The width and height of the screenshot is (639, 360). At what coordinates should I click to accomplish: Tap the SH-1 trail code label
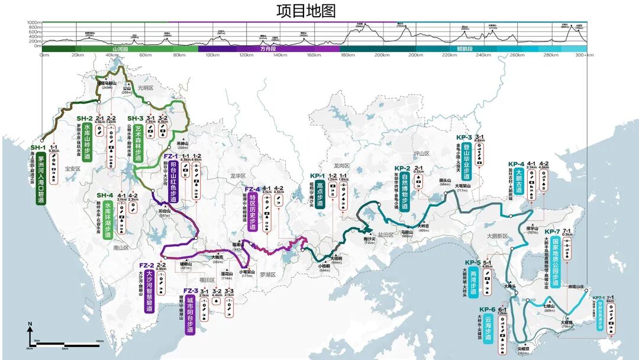coord(38,147)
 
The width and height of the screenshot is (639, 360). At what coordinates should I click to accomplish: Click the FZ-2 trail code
coord(147,265)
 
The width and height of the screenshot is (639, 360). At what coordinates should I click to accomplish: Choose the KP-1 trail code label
coord(318,176)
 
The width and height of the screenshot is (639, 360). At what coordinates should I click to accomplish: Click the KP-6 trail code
coord(488,309)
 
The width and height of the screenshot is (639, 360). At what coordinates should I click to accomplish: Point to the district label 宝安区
coord(72,169)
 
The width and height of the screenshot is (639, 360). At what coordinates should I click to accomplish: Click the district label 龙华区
coord(237,176)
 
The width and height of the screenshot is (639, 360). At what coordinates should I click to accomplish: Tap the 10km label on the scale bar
coord(100,342)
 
